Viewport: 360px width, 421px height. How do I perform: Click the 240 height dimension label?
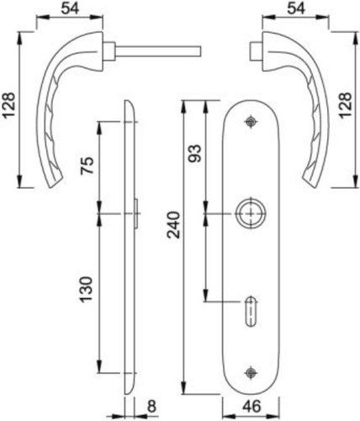173,225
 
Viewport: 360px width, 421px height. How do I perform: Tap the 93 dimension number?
194,153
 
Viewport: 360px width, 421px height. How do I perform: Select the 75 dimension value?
87,166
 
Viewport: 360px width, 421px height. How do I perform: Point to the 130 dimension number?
87,289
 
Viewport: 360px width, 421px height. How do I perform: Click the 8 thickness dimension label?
151,407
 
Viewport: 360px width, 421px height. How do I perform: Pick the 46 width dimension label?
251,407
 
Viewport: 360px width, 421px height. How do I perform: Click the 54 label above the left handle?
70,8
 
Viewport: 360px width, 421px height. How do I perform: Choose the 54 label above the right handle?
296,8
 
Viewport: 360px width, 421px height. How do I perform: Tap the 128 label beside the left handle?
9,105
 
